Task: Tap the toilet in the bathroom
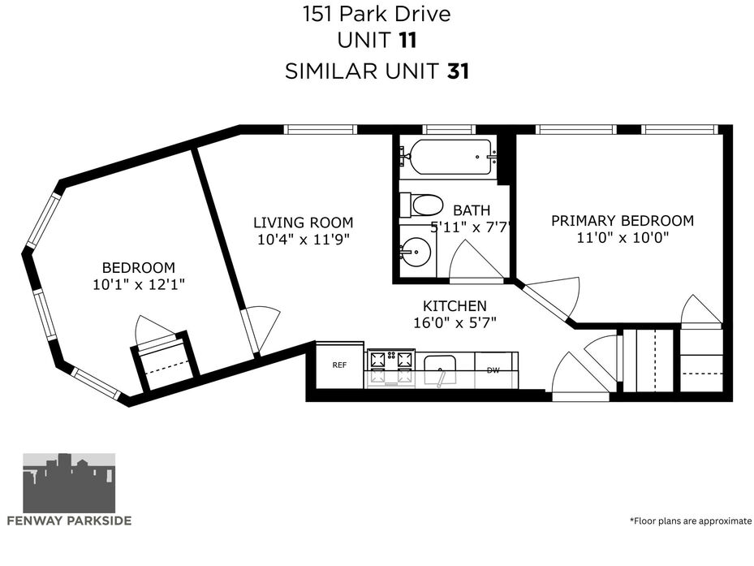[421, 205]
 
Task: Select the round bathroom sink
[416, 251]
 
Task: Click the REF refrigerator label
[339, 365]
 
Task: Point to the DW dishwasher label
[493, 370]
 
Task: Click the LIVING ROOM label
[304, 223]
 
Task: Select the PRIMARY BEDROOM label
[623, 220]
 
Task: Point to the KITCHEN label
[455, 305]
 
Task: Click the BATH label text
[472, 210]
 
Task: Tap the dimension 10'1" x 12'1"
[139, 284]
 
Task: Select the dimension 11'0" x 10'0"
[623, 237]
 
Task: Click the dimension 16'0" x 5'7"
[455, 322]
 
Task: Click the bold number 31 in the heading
[459, 71]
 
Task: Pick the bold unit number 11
[407, 41]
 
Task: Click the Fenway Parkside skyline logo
[69, 482]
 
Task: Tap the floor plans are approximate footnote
[691, 521]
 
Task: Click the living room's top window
[321, 129]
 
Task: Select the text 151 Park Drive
[377, 14]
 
